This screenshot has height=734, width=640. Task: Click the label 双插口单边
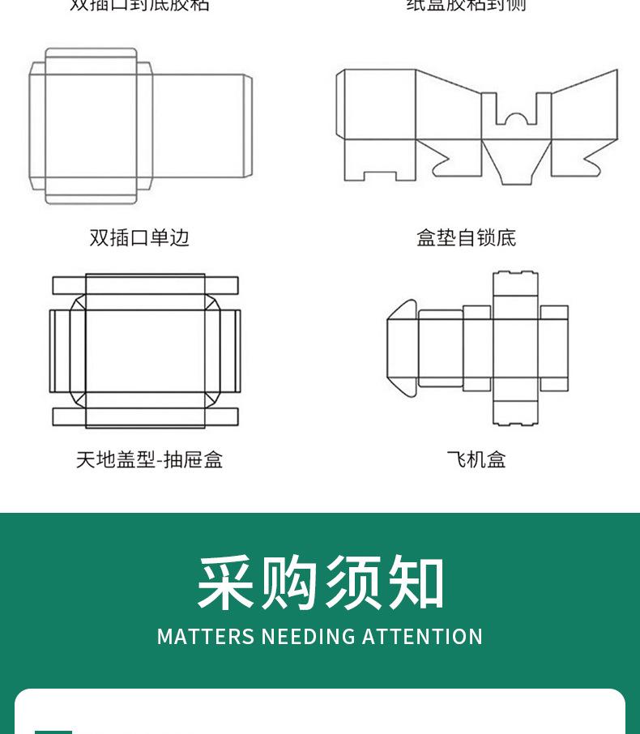pyautogui.click(x=139, y=237)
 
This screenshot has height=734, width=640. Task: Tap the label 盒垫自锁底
pyautogui.click(x=466, y=237)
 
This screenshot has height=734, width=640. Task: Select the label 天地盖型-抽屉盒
pyautogui.click(x=149, y=460)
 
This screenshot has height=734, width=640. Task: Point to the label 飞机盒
pyautogui.click(x=476, y=460)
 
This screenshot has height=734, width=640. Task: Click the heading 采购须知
pyautogui.click(x=321, y=583)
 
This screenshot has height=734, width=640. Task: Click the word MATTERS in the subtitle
pyautogui.click(x=206, y=637)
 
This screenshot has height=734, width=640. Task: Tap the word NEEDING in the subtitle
pyautogui.click(x=309, y=637)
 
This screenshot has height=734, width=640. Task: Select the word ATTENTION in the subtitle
pyautogui.click(x=422, y=637)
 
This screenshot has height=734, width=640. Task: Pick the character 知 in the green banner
pyautogui.click(x=416, y=583)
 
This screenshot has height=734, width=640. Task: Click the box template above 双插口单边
pyautogui.click(x=140, y=126)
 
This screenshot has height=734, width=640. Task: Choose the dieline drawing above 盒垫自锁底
pyautogui.click(x=477, y=126)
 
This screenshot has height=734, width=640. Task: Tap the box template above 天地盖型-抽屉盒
pyautogui.click(x=146, y=350)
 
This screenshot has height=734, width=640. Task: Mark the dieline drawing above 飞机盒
pyautogui.click(x=478, y=348)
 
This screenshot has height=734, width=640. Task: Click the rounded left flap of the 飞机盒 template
pyautogui.click(x=402, y=348)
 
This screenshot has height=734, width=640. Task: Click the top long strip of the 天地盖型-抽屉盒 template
pyautogui.click(x=146, y=285)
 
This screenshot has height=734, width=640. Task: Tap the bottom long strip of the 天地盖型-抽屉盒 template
pyautogui.click(x=146, y=416)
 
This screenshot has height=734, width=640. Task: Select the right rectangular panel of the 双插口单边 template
pyautogui.click(x=201, y=126)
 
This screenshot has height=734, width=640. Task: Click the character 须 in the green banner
pyautogui.click(x=353, y=583)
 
